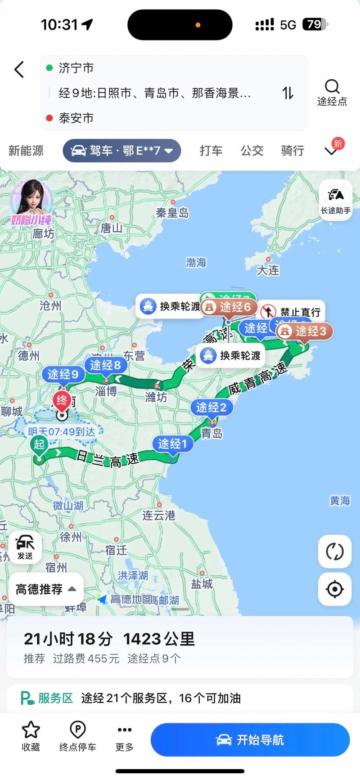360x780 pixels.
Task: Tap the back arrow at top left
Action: [x=19, y=70]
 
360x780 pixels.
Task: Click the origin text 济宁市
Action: [x=76, y=68]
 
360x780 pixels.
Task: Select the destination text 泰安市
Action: [x=76, y=118]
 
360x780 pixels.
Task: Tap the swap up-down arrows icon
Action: [x=288, y=93]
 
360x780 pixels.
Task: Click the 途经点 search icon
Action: [x=332, y=87]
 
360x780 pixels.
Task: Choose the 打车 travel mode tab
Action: [x=211, y=151]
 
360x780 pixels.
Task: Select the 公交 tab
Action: [x=252, y=151]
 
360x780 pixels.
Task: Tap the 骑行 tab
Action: [x=292, y=151]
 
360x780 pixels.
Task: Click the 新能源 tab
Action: [x=26, y=151]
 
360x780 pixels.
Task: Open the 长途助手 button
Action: [x=336, y=200]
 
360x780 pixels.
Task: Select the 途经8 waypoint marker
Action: [x=105, y=365]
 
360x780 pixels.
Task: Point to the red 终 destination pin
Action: [x=62, y=400]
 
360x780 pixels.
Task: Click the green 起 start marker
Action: [x=39, y=445]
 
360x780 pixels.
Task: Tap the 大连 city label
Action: [x=268, y=270]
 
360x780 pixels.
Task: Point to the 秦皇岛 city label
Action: [x=172, y=213]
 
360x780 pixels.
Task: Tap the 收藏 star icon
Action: [x=31, y=730]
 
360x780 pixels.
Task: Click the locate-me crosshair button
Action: [x=335, y=589]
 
